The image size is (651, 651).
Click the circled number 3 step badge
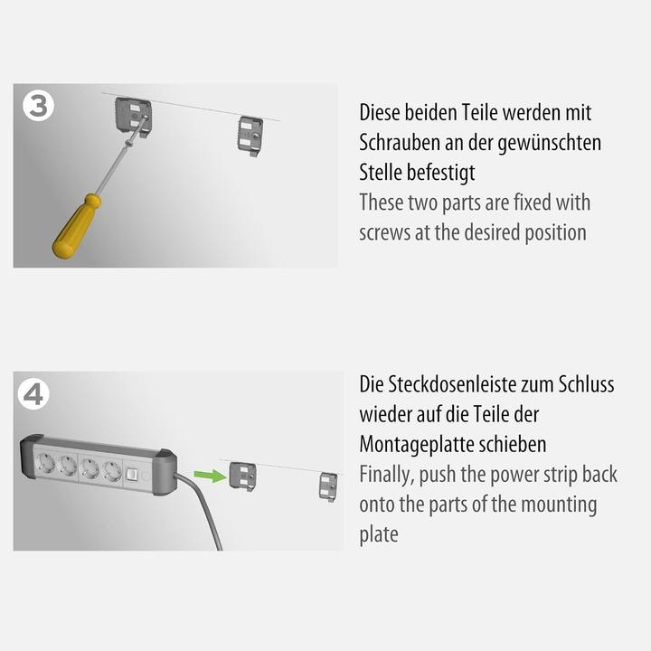tap(37, 106)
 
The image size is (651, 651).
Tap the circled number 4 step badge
tap(37, 394)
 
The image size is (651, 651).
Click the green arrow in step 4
tap(210, 475)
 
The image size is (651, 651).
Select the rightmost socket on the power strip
tap(111, 471)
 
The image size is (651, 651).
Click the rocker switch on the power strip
tap(134, 474)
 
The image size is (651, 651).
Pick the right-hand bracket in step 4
tap(328, 486)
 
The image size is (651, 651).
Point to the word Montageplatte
tap(418, 445)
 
